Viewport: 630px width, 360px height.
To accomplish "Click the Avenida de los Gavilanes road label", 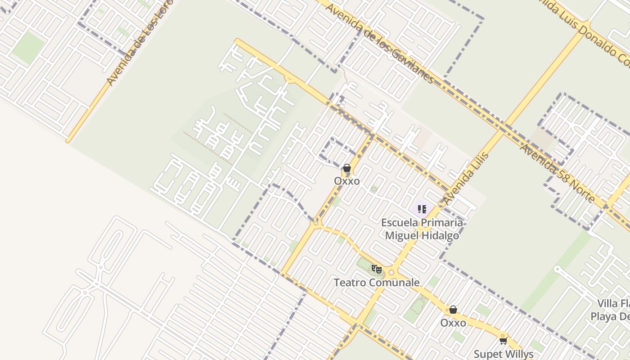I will click(380, 43).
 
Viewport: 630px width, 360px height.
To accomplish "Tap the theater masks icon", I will click(376, 270).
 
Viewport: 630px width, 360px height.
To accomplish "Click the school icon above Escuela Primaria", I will click(422, 209).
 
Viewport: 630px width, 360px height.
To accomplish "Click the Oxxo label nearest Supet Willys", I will click(453, 323).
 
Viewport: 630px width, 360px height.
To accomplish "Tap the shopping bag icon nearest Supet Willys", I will click(453, 310).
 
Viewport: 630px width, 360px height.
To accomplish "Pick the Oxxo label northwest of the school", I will click(347, 181).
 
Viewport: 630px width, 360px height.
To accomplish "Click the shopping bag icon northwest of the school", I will click(347, 168).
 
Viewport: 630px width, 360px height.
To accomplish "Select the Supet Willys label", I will click(504, 354).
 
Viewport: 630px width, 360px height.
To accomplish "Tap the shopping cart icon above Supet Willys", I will click(504, 341).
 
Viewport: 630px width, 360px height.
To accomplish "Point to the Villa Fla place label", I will click(613, 303).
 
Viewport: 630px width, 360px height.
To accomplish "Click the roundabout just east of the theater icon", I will click(391, 272).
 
